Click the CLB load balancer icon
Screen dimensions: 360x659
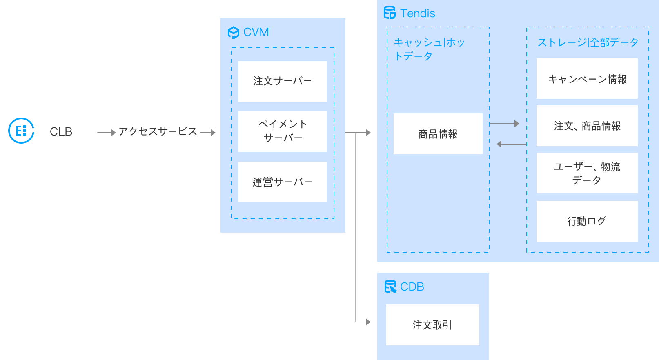tap(21, 131)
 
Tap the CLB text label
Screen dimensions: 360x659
tap(61, 131)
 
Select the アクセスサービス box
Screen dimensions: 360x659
tap(158, 131)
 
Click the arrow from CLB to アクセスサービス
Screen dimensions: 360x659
tap(106, 132)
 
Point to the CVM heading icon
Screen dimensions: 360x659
tap(233, 32)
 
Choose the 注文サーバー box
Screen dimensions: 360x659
tap(282, 81)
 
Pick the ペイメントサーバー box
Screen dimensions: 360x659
tap(282, 131)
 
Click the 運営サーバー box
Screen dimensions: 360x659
tap(282, 182)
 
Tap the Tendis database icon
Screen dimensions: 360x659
tap(390, 13)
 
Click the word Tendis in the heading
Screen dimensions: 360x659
tap(417, 13)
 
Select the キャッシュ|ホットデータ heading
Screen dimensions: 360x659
tap(429, 49)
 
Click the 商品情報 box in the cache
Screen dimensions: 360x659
tap(438, 134)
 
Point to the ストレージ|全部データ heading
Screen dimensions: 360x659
tap(588, 42)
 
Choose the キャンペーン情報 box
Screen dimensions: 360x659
tap(587, 78)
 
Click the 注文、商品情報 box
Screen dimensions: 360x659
tap(587, 126)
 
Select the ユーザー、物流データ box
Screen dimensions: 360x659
tap(587, 173)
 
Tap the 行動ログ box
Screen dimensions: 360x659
tap(587, 221)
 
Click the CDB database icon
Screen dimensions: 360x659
tap(390, 287)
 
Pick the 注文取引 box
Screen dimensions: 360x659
tap(432, 325)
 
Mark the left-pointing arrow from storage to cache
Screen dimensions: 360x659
tap(511, 144)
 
